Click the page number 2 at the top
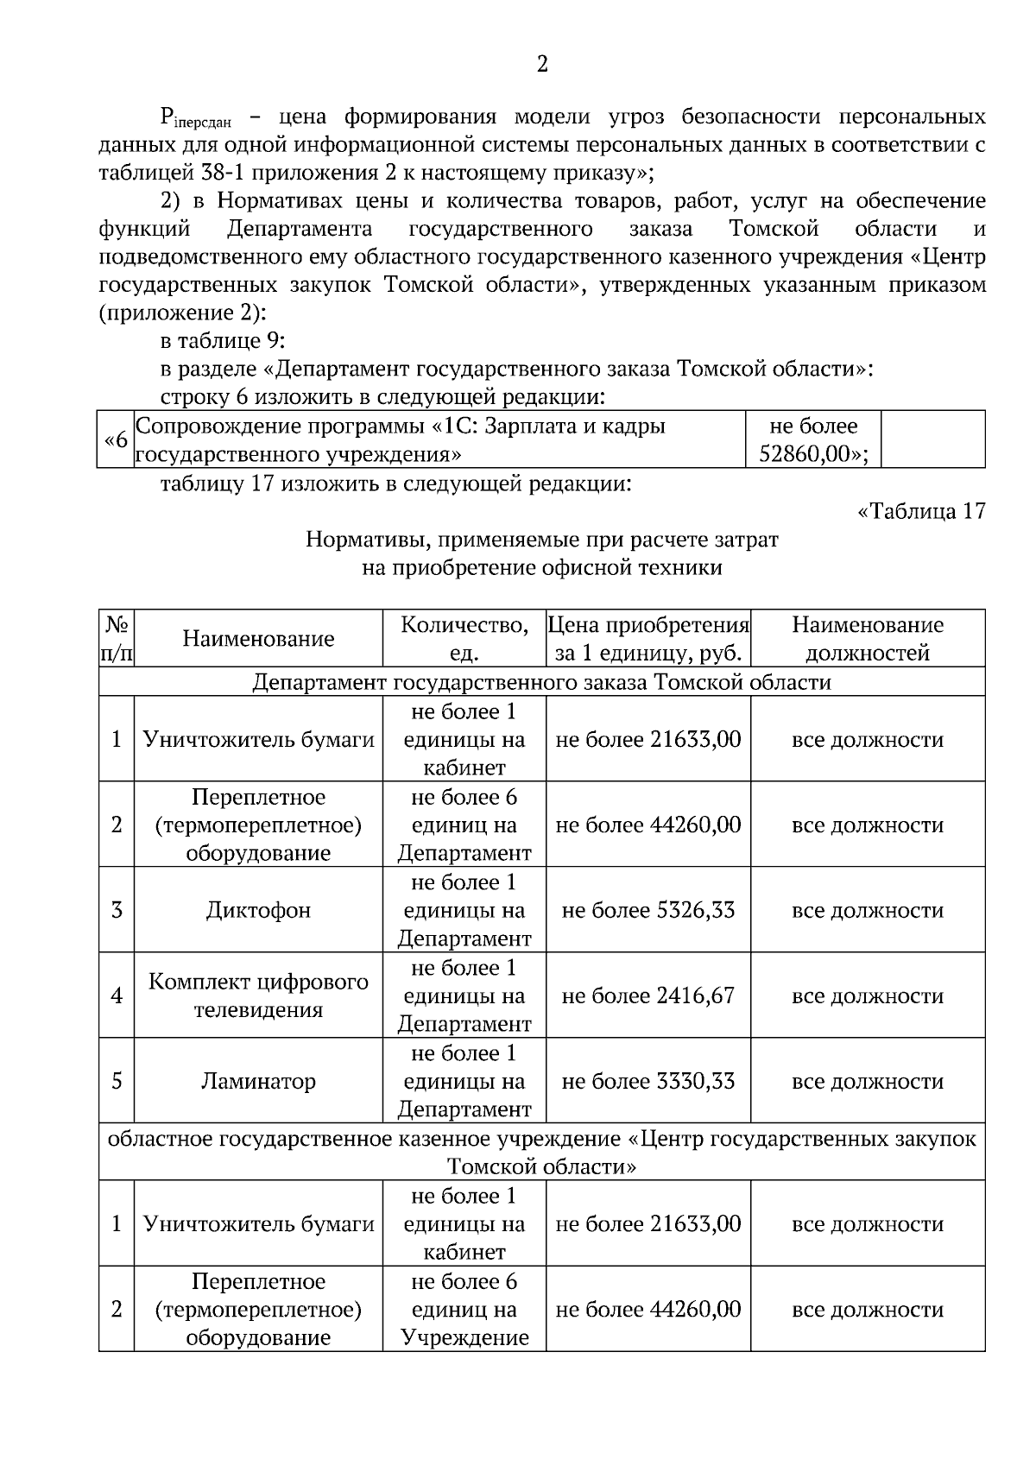pyautogui.click(x=542, y=65)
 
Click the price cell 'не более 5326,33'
pyautogui.click(x=647, y=910)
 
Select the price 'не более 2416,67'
pyautogui.click(x=647, y=995)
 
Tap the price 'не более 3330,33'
pyautogui.click(x=647, y=1081)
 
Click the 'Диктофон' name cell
pyautogui.click(x=258, y=910)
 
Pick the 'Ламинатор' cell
pyautogui.click(x=258, y=1081)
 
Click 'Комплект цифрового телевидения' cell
pyautogui.click(x=258, y=995)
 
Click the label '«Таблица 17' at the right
pyautogui.click(x=920, y=511)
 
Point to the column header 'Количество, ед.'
pyautogui.click(x=464, y=639)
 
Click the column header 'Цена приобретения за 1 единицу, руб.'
pyautogui.click(x=648, y=639)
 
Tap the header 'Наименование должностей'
pyautogui.click(x=868, y=639)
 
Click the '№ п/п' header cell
pyautogui.click(x=117, y=639)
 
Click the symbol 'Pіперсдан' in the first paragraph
pyautogui.click(x=202, y=118)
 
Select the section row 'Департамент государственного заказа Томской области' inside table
pyautogui.click(x=542, y=682)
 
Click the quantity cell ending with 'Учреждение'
pyautogui.click(x=464, y=1310)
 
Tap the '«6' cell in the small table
pyautogui.click(x=116, y=439)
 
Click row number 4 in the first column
pyautogui.click(x=117, y=995)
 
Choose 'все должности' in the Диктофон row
pyautogui.click(x=868, y=910)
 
